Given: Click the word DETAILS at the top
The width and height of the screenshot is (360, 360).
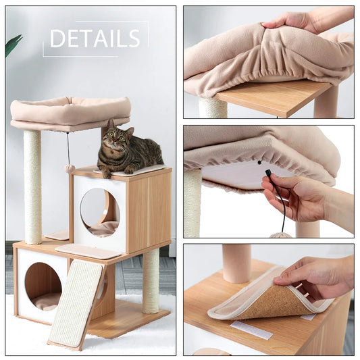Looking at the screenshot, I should click(95, 38).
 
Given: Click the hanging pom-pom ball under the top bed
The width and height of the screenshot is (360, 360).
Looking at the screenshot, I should click(70, 168).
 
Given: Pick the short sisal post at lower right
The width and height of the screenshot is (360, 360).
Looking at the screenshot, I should click(151, 280).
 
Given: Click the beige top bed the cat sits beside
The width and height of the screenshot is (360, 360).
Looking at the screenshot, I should click(70, 112).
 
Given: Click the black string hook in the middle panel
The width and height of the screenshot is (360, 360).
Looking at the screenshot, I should click(268, 174).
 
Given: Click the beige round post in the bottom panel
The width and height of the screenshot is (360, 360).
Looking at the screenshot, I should click(236, 263).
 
